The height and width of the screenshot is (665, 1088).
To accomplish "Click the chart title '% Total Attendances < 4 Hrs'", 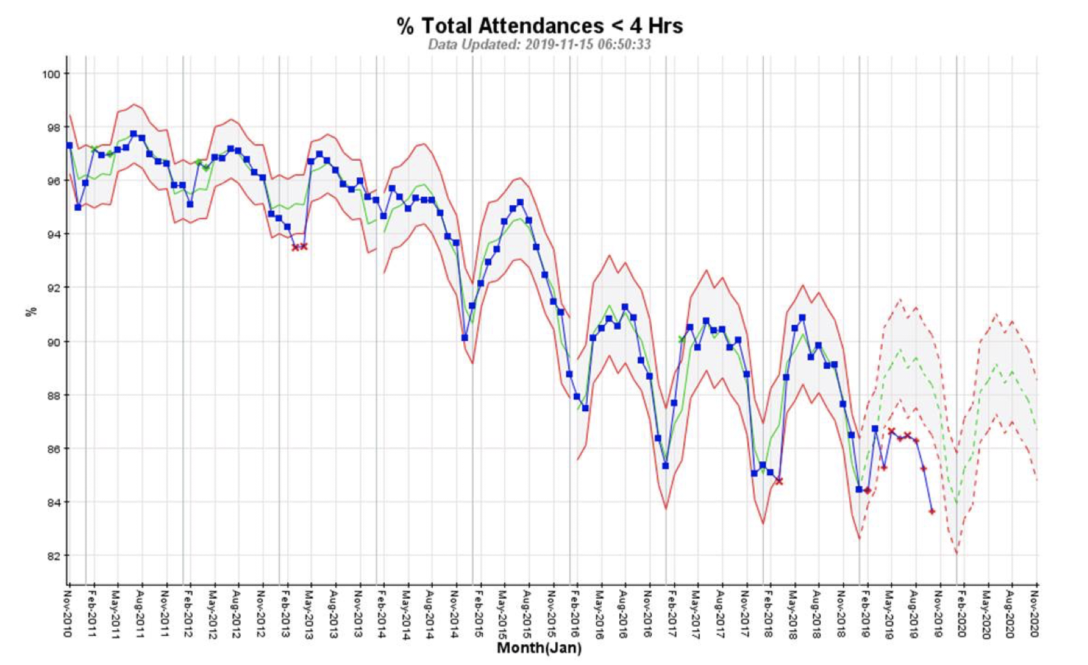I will [540, 26].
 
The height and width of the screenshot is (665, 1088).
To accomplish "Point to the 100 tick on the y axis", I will [54, 74].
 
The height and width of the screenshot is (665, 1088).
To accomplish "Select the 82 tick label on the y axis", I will [54, 556].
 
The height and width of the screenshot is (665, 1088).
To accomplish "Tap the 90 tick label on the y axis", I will [54, 342].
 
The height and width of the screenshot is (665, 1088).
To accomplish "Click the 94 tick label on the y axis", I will [54, 234].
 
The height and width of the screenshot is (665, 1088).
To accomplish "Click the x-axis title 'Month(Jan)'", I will [539, 648].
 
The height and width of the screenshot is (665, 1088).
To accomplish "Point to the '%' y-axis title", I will [31, 312].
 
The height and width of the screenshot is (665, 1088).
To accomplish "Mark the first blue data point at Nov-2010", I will [70, 145].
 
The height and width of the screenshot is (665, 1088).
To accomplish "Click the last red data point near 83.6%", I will [932, 511].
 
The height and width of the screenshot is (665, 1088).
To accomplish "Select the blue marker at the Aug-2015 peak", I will [520, 202].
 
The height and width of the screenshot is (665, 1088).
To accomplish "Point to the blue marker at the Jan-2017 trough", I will [666, 465].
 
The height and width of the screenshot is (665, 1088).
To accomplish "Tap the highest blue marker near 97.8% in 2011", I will [134, 134].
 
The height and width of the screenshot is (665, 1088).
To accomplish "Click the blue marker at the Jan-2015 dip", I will [465, 337].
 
